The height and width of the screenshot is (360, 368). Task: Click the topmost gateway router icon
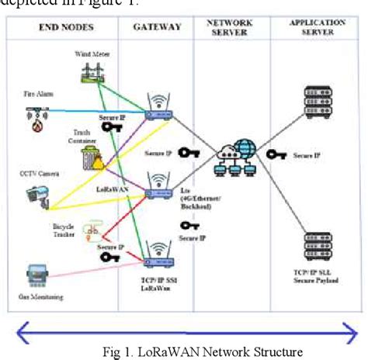tap(160, 109)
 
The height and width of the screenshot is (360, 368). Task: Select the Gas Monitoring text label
tap(40, 296)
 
